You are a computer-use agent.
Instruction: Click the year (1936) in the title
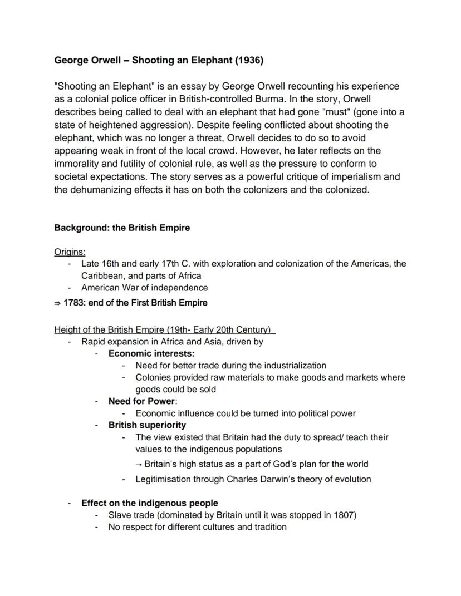click(x=249, y=60)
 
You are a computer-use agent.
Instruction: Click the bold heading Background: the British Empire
click(x=122, y=228)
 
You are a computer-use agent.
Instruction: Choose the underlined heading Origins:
click(x=70, y=252)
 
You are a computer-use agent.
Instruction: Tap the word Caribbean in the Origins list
click(x=102, y=275)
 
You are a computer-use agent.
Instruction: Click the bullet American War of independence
click(x=144, y=288)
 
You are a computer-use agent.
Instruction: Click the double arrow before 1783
click(x=57, y=303)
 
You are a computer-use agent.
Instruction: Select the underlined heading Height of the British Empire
click(x=164, y=329)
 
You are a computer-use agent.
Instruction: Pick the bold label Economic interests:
click(x=151, y=353)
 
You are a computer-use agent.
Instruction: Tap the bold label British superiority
click(x=147, y=425)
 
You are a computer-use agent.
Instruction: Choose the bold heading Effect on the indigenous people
click(x=149, y=503)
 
